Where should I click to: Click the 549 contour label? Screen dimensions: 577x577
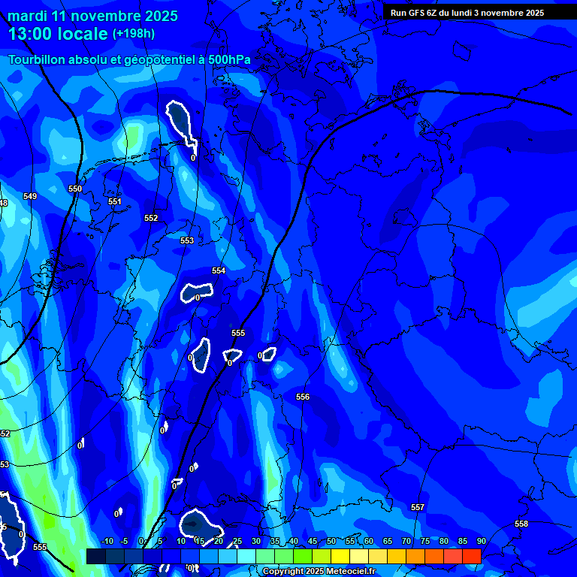point(30,196)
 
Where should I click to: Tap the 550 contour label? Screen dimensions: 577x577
point(75,189)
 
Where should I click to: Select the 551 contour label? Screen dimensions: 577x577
point(114,201)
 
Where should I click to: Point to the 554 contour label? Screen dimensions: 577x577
point(219,270)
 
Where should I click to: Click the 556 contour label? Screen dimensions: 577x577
point(303,397)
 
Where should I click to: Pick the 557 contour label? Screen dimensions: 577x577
point(418,507)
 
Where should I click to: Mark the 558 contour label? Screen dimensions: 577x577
point(521,524)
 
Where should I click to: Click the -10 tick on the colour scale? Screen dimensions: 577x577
point(107,542)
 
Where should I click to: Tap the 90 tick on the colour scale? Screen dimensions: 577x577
point(481,542)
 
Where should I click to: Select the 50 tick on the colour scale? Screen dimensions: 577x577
point(331,542)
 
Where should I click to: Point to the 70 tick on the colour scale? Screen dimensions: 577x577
point(406,542)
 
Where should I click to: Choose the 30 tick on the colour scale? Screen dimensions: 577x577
point(256,542)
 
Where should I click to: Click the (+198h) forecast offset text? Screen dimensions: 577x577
point(134,34)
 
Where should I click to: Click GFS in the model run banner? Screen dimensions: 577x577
point(416,13)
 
